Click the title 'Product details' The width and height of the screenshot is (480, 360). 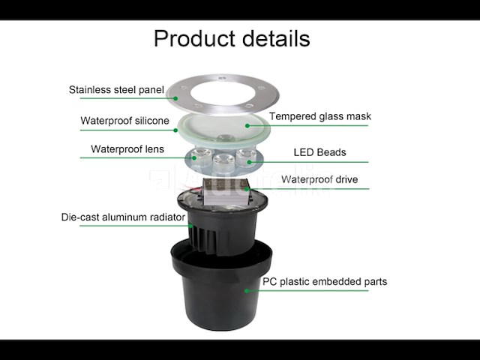tap(232, 38)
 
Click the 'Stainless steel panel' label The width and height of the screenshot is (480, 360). tap(116, 90)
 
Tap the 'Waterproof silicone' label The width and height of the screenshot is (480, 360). tap(124, 120)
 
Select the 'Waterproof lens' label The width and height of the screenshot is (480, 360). tap(127, 149)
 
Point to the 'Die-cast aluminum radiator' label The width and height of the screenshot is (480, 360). tap(123, 217)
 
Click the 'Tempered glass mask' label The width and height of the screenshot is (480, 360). tap(320, 116)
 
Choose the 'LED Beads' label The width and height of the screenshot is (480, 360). tap(319, 152)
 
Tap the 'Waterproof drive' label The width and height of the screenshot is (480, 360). tap(319, 180)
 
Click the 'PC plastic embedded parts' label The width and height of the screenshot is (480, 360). tap(325, 282)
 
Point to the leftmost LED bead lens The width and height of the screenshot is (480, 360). tap(199, 156)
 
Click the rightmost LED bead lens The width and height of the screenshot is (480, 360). tap(244, 155)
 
